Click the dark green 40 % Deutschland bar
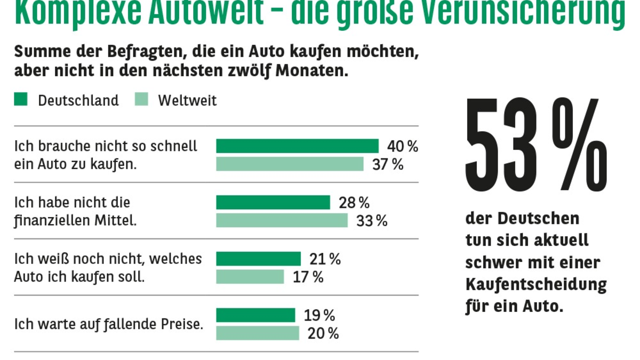tap(297, 146)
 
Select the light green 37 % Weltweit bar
tap(290, 164)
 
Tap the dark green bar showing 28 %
tap(273, 203)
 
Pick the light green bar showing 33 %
tap(282, 221)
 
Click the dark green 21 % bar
tap(258, 259)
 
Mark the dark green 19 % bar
tap(255, 315)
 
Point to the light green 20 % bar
tap(258, 333)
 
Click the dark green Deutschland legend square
tap(21, 99)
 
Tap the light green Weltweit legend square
tap(141, 99)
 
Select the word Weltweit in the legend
tap(187, 100)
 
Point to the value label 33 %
tap(372, 221)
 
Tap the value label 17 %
tap(308, 277)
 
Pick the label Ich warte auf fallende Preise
tap(109, 324)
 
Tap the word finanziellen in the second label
tap(47, 220)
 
